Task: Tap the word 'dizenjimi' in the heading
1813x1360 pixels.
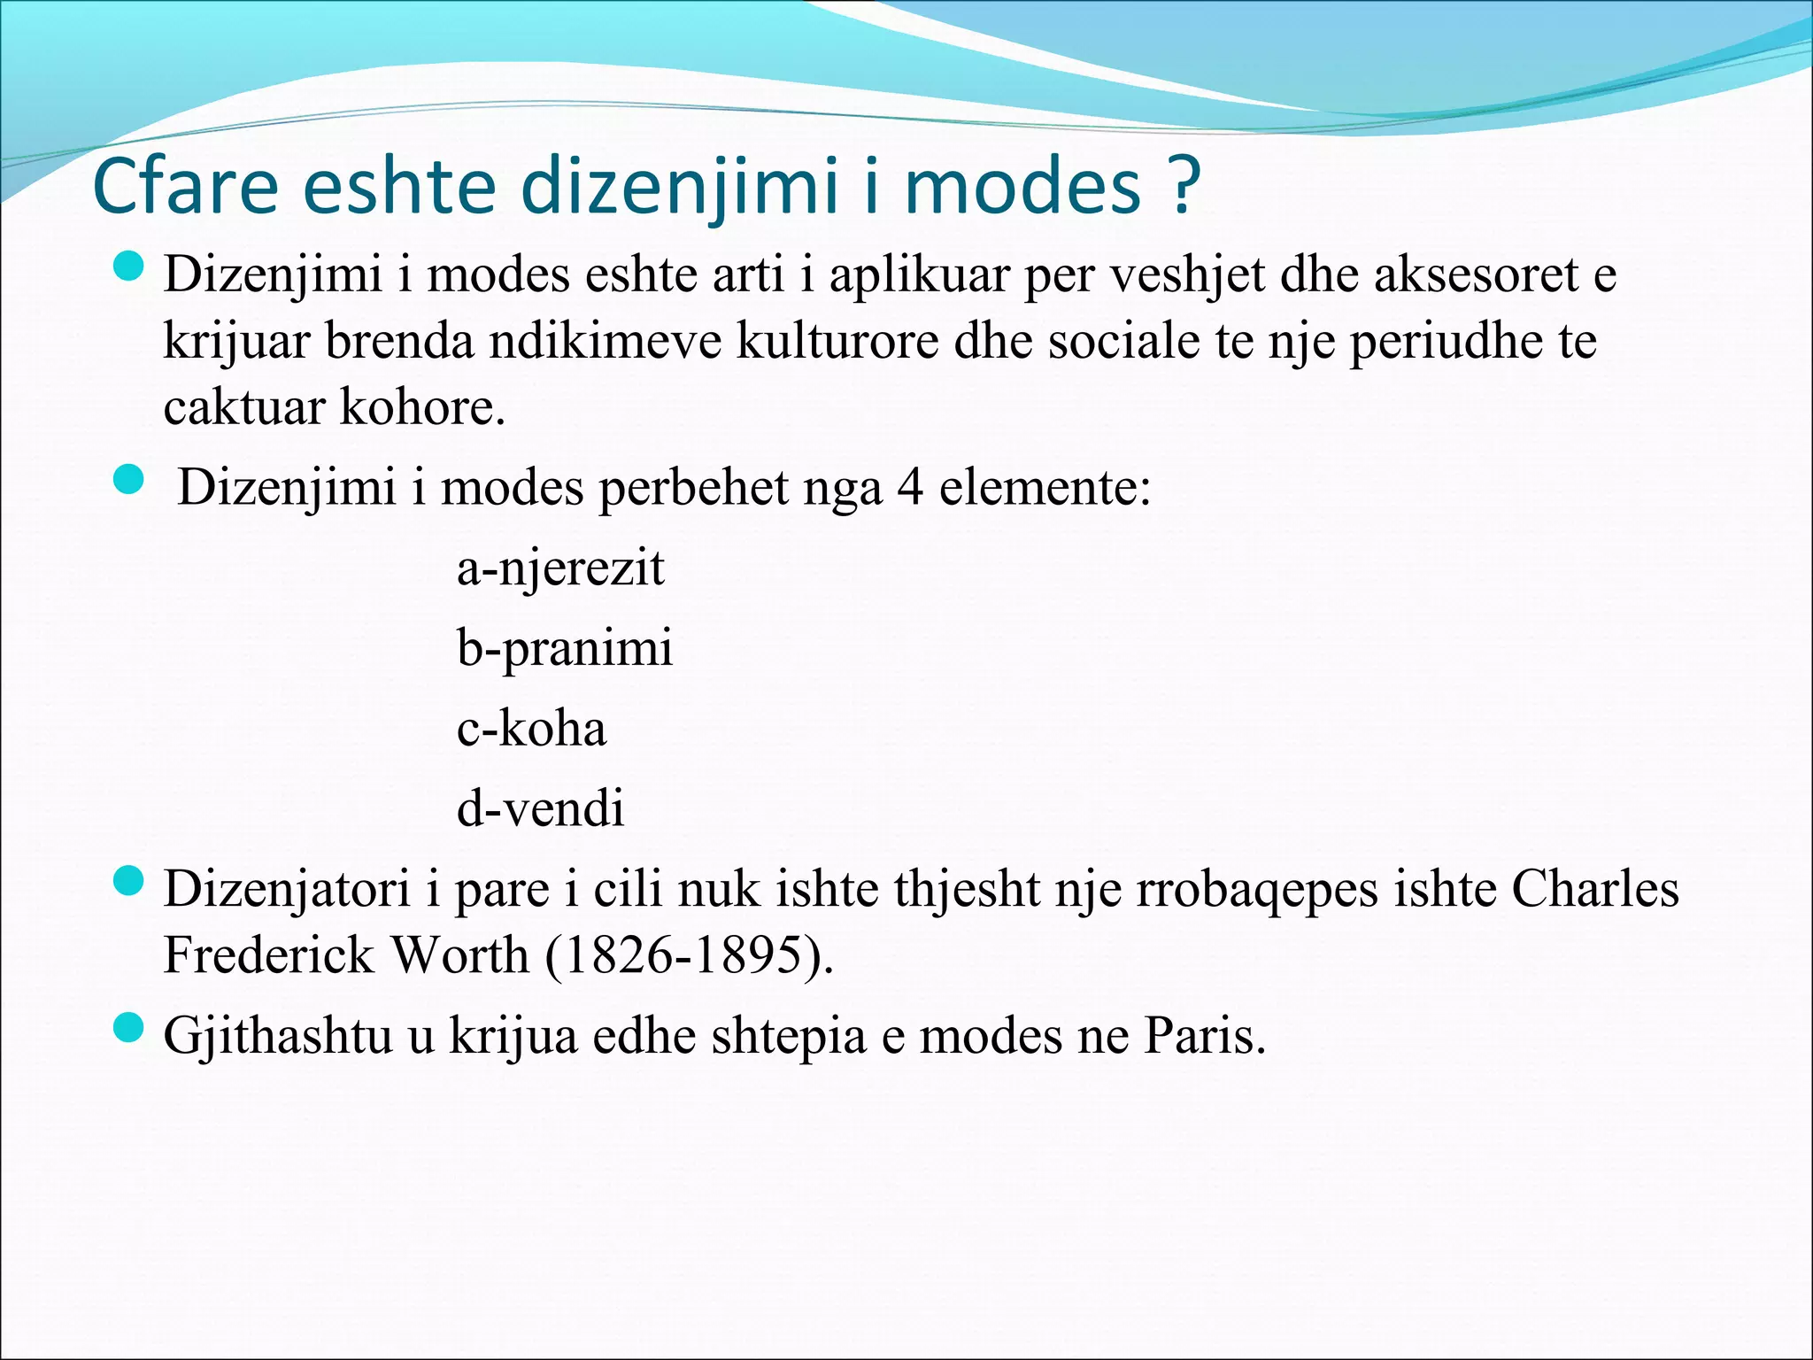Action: point(678,188)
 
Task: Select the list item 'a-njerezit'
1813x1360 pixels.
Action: point(560,568)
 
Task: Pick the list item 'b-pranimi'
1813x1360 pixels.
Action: point(565,648)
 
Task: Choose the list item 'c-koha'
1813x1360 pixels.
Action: point(531,729)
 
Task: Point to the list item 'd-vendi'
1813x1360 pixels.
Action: point(540,808)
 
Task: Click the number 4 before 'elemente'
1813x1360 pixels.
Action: point(910,488)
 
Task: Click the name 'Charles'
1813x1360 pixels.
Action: point(1594,889)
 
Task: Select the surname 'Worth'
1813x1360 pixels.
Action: point(459,955)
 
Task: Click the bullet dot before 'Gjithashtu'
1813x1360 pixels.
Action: point(129,1028)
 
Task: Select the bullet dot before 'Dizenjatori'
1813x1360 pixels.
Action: point(129,881)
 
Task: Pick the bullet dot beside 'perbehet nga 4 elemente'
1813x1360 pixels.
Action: point(129,480)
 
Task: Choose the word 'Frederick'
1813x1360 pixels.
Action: point(269,955)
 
